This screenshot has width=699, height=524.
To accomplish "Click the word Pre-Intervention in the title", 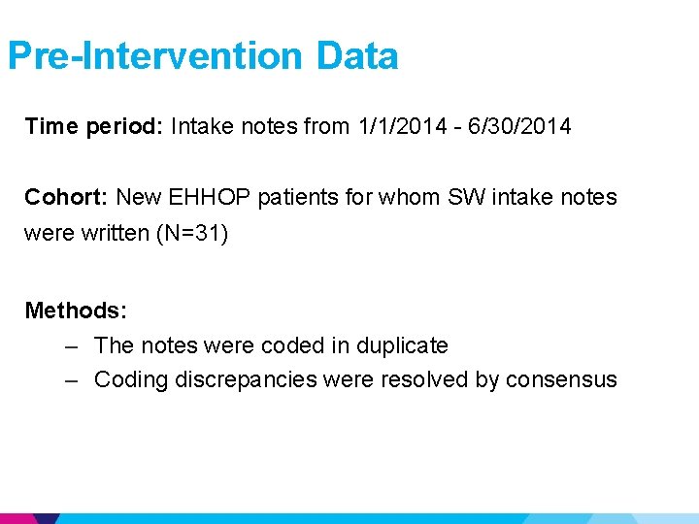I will [156, 55].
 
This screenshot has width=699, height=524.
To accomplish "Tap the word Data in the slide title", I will [356, 55].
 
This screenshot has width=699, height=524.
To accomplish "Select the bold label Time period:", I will [94, 127].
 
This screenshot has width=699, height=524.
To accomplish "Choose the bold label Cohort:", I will [67, 197].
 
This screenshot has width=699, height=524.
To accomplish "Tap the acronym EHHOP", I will [208, 197].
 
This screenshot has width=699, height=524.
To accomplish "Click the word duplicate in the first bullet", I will [402, 345].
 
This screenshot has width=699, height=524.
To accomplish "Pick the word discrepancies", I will [246, 379].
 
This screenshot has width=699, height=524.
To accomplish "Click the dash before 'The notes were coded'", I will [72, 345].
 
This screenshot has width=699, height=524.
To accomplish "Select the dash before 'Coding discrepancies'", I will [72, 379].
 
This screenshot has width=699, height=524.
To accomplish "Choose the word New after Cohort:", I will [139, 197].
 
